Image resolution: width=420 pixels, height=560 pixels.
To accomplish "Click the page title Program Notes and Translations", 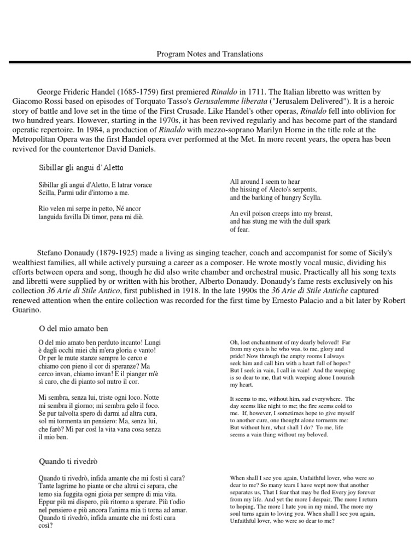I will [x=209, y=54].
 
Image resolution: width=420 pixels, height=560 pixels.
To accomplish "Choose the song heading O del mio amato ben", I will [x=74, y=328].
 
